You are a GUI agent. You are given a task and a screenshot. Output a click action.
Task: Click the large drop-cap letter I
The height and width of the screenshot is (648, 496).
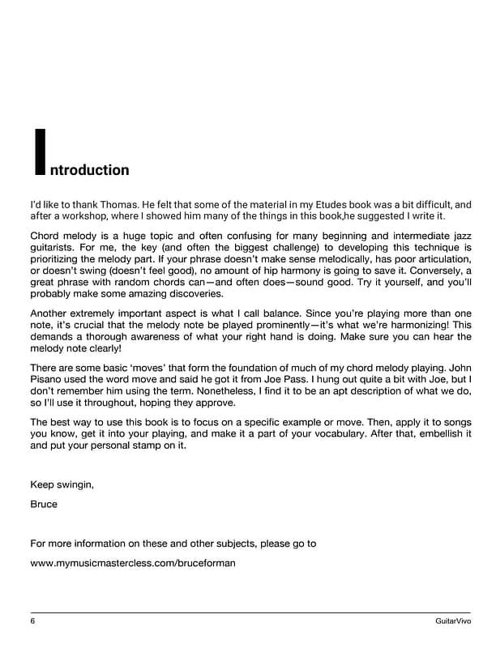click(36, 151)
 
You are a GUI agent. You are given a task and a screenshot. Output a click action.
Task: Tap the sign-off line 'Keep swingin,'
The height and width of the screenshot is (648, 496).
click(62, 484)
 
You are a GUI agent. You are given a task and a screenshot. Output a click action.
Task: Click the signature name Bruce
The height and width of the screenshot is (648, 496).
click(44, 504)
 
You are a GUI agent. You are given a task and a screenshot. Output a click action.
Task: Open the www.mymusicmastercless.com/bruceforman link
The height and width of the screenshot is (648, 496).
click(133, 562)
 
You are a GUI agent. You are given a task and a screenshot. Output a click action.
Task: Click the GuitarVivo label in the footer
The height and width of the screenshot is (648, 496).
click(449, 620)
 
